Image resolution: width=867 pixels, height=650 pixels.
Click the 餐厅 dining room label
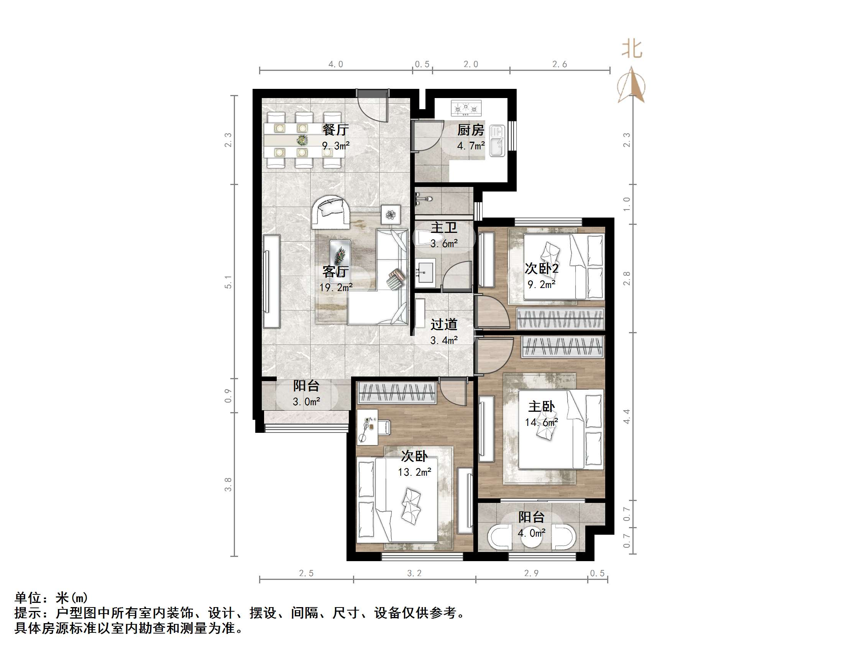[x=335, y=129]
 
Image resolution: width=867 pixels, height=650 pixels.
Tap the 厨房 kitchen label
[x=471, y=130]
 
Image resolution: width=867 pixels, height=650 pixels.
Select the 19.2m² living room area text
[x=336, y=288]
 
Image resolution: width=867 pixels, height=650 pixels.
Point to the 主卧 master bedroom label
[x=541, y=406]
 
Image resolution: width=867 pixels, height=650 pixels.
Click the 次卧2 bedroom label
[x=542, y=269]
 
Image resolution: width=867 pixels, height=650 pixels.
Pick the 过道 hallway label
[x=444, y=324]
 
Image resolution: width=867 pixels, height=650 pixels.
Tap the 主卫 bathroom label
[x=444, y=227]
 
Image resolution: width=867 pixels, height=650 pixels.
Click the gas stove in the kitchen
[x=466, y=108]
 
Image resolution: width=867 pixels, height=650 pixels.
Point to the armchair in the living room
[x=330, y=212]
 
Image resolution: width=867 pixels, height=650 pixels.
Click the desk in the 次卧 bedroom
[x=367, y=427]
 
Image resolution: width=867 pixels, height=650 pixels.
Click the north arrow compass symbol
[x=631, y=85]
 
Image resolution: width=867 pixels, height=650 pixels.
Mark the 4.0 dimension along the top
[x=335, y=64]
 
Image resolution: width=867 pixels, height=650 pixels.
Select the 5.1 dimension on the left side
[x=228, y=282]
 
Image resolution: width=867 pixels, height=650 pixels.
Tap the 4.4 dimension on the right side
[x=627, y=416]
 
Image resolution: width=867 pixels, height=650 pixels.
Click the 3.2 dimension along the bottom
[x=414, y=574]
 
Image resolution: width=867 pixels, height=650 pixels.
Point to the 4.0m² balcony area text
[x=532, y=533]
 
